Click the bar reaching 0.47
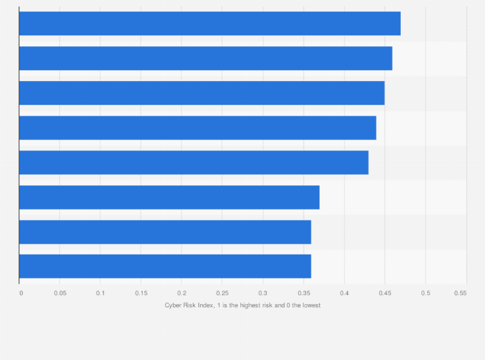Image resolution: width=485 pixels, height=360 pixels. pyautogui.click(x=210, y=24)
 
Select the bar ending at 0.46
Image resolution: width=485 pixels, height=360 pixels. pyautogui.click(x=206, y=59)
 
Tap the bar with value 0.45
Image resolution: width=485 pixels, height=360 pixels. pyautogui.click(x=202, y=93)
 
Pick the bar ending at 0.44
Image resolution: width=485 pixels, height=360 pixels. pyautogui.click(x=197, y=128)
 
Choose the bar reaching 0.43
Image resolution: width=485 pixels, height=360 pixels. pyautogui.click(x=194, y=163)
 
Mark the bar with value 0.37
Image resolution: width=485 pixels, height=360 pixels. pyautogui.click(x=169, y=197)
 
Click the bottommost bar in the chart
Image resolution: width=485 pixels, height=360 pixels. pyautogui.click(x=165, y=267)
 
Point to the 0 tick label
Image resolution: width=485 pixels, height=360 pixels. pyautogui.click(x=21, y=293)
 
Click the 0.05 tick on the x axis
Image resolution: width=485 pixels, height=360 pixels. pyautogui.click(x=60, y=293)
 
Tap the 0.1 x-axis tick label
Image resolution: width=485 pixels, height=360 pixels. pyautogui.click(x=100, y=293)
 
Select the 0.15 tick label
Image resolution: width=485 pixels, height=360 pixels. pyautogui.click(x=141, y=293)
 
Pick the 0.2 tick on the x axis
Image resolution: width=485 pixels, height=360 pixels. pyautogui.click(x=181, y=293)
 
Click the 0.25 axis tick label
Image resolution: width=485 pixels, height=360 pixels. pyautogui.click(x=222, y=293)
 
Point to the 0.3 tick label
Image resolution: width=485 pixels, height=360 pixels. pyautogui.click(x=262, y=293)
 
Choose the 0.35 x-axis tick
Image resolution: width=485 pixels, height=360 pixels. pyautogui.click(x=303, y=293)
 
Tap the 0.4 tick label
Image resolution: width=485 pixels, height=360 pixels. pyautogui.click(x=344, y=293)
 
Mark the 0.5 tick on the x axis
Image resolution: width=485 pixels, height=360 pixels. pyautogui.click(x=425, y=293)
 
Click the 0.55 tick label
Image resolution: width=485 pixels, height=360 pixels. pyautogui.click(x=460, y=293)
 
